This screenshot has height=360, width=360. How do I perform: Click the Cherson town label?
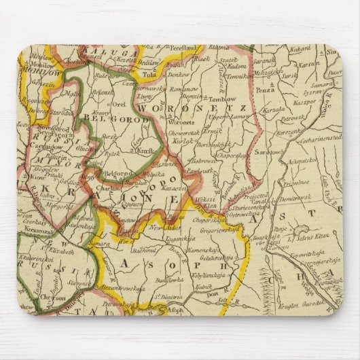pyautogui.click(x=52, y=298)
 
